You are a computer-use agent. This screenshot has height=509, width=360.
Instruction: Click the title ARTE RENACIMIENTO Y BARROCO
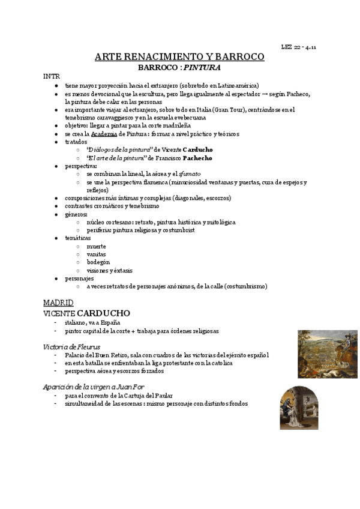179,57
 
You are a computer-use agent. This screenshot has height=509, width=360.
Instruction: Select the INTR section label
51,77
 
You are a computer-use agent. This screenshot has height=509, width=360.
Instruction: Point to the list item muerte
96,246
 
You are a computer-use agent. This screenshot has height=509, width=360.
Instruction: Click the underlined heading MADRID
58,302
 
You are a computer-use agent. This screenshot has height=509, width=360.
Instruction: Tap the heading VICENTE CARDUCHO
86,313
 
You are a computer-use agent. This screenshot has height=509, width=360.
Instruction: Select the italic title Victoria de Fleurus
71,346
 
